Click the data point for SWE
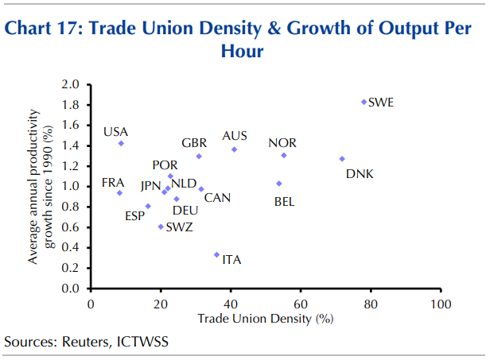(364, 102)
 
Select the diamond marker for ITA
(216, 254)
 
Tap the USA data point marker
(121, 143)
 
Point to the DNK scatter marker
(342, 159)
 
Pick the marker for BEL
(279, 184)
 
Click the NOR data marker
(283, 155)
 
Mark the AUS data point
(234, 149)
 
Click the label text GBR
(194, 143)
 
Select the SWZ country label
(179, 227)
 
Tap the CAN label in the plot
(217, 197)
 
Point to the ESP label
(134, 216)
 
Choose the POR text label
(165, 165)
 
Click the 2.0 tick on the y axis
(71, 83)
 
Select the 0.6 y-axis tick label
(71, 226)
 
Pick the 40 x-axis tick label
(231, 304)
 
